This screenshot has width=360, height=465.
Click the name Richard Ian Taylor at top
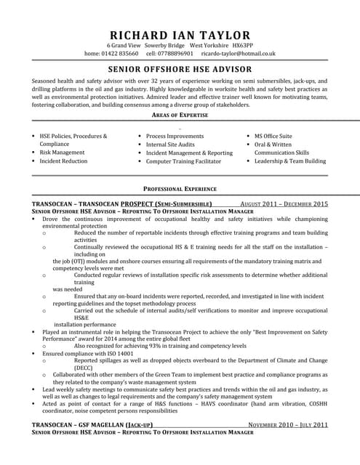180,35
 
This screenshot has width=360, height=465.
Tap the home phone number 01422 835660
119,54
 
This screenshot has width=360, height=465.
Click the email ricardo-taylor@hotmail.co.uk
239,54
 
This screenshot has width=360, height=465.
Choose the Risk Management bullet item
62,153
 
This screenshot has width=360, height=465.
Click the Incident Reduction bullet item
63,161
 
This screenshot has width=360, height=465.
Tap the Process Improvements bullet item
175,136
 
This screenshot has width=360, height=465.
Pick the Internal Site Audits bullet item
171,145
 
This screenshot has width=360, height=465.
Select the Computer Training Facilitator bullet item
183,161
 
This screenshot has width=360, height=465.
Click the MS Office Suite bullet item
273,136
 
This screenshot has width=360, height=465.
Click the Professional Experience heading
180,188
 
